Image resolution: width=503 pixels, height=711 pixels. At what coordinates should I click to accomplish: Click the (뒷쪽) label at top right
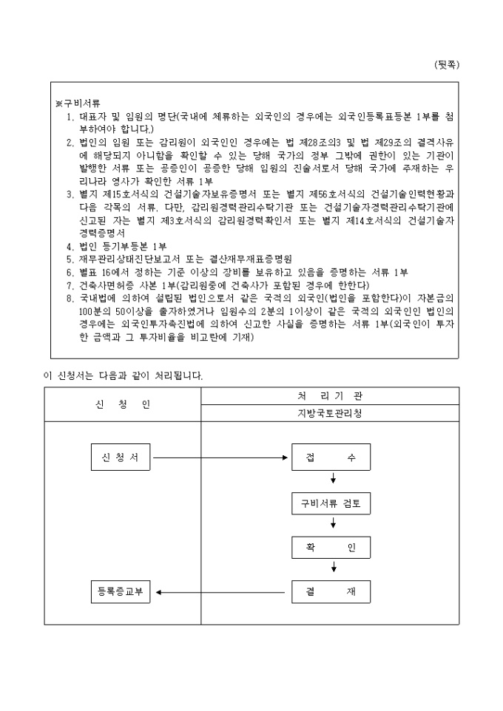[446, 64]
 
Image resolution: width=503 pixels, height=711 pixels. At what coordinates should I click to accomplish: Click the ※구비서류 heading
[78, 103]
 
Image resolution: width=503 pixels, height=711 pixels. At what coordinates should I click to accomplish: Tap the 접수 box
[331, 457]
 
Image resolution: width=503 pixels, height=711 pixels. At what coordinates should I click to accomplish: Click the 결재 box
[331, 592]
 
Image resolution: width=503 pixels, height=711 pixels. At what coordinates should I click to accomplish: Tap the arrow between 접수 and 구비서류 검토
[334, 480]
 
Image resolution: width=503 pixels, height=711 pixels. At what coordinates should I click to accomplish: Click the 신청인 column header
[123, 404]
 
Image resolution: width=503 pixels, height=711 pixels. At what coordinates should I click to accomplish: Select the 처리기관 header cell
[330, 396]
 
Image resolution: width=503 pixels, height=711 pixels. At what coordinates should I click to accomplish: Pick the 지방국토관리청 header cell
[330, 412]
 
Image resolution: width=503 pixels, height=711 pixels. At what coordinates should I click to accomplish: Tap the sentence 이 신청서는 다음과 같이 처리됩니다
[123, 375]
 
